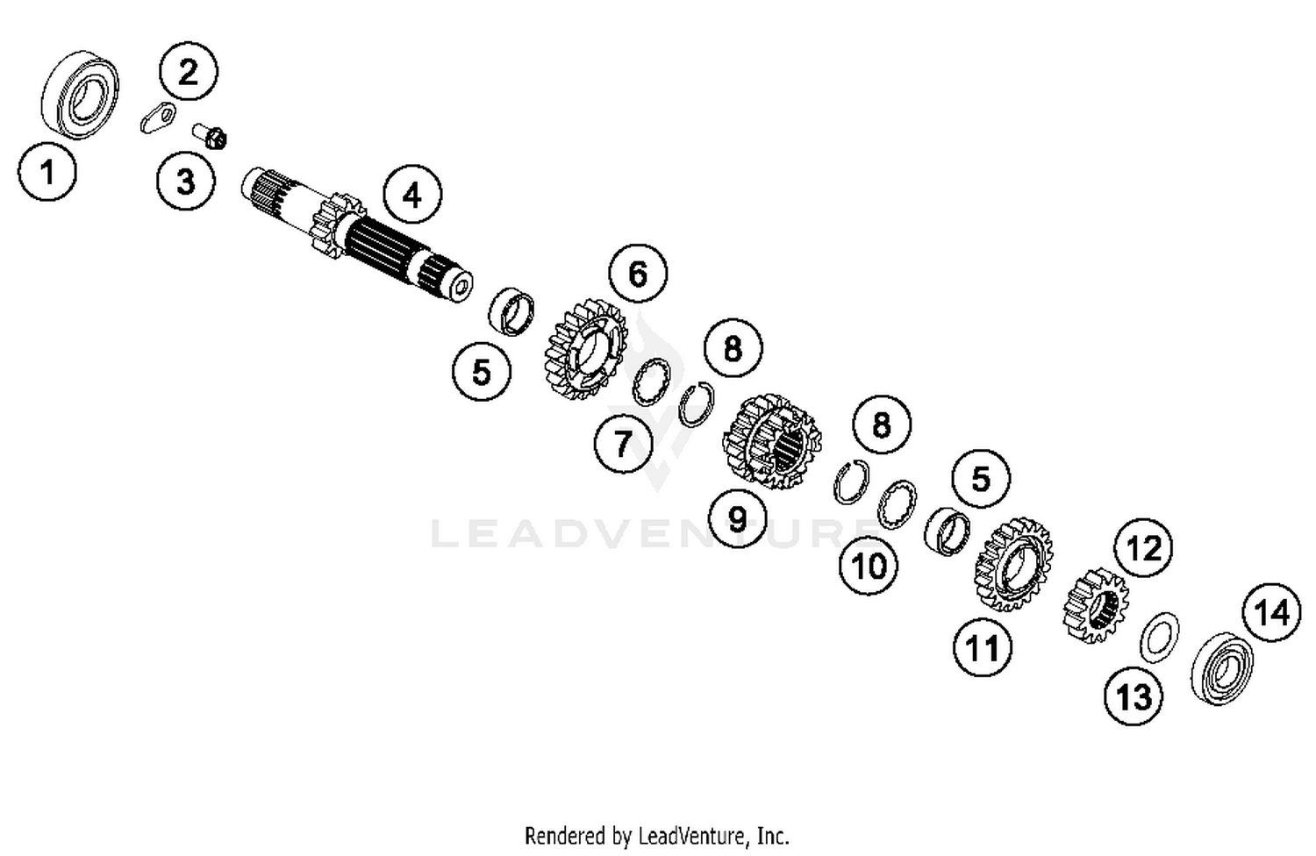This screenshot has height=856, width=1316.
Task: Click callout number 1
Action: pos(47,171)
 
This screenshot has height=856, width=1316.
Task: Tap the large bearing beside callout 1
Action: pos(80,94)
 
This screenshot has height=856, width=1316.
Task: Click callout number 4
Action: pos(411,195)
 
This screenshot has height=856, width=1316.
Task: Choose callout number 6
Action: pos(638,274)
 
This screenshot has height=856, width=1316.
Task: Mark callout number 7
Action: pos(623,443)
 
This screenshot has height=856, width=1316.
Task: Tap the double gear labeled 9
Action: pos(772,441)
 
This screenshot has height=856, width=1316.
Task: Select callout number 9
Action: pos(738,518)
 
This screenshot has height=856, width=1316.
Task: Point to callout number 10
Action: pos(869,566)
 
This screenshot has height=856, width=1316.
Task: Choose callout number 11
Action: pos(983,648)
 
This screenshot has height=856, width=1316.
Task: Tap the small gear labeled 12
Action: pos(1096,606)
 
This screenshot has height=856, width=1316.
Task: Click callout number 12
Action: pos(1144,548)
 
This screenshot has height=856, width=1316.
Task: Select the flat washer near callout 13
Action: pos(1160,636)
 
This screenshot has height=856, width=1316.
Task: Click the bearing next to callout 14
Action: pos(1221,667)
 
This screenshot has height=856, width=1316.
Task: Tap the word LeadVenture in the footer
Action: pos(689,835)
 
